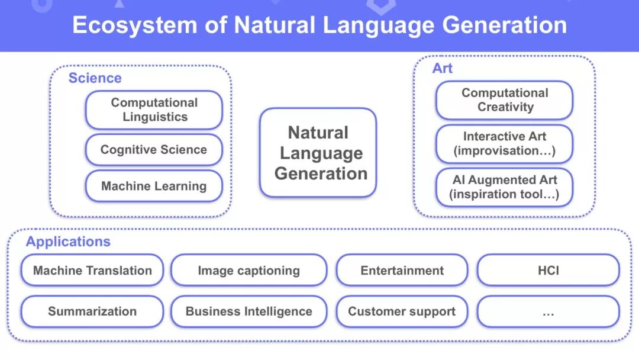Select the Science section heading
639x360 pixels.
click(x=95, y=78)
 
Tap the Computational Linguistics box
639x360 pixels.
click(x=154, y=110)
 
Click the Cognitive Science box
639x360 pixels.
click(x=154, y=150)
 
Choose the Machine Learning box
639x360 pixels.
click(x=154, y=186)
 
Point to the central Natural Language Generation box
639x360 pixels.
click(x=318, y=153)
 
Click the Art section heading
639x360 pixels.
click(x=442, y=69)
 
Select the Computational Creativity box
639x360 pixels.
click(x=505, y=100)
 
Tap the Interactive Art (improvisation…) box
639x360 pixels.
click(x=505, y=143)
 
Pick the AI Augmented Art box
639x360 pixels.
click(x=505, y=187)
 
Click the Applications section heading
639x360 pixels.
click(x=68, y=242)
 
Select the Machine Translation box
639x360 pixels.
click(x=92, y=271)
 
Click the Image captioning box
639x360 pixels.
click(x=248, y=271)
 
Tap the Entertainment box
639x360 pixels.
click(x=402, y=271)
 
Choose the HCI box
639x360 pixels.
click(x=548, y=271)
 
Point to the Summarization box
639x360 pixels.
click(x=92, y=311)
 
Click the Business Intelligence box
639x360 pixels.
click(x=248, y=311)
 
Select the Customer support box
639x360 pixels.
click(x=402, y=311)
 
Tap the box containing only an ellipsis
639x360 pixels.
click(x=548, y=311)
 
